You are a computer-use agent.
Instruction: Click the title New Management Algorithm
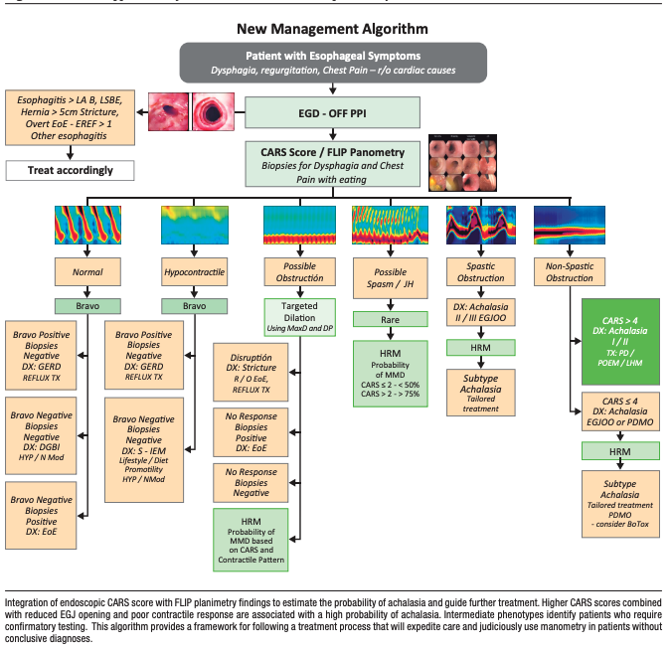tap(333, 30)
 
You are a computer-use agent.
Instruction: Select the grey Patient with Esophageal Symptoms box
tap(333, 62)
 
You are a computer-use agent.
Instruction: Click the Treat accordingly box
tap(70, 170)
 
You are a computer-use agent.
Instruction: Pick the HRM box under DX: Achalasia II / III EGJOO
tap(477, 348)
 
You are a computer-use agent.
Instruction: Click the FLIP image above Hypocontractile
tap(193, 226)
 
